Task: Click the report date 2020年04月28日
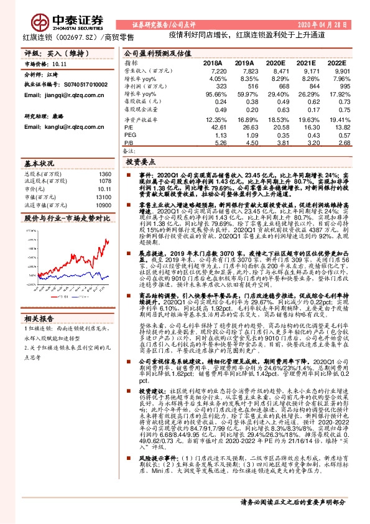pyautogui.click(x=323, y=25)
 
